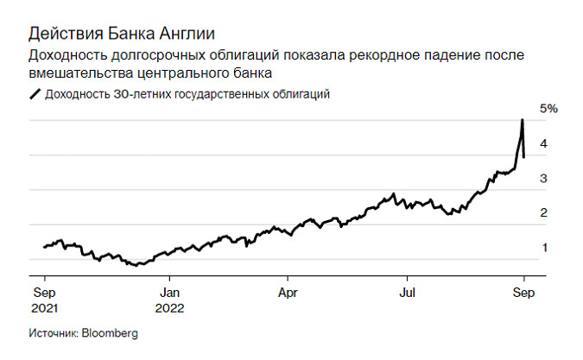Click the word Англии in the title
pyautogui.click(x=177, y=34)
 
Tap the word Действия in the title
pyautogui.click(x=61, y=34)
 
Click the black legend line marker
pyautogui.click(x=35, y=95)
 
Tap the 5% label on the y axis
pyautogui.click(x=549, y=109)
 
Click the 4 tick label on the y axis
pyautogui.click(x=543, y=144)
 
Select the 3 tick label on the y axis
pyautogui.click(x=543, y=179)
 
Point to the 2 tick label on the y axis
pyautogui.click(x=543, y=213)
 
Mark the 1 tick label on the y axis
pyautogui.click(x=543, y=248)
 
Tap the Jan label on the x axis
pyautogui.click(x=169, y=292)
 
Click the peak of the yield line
pyautogui.click(x=523, y=120)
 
